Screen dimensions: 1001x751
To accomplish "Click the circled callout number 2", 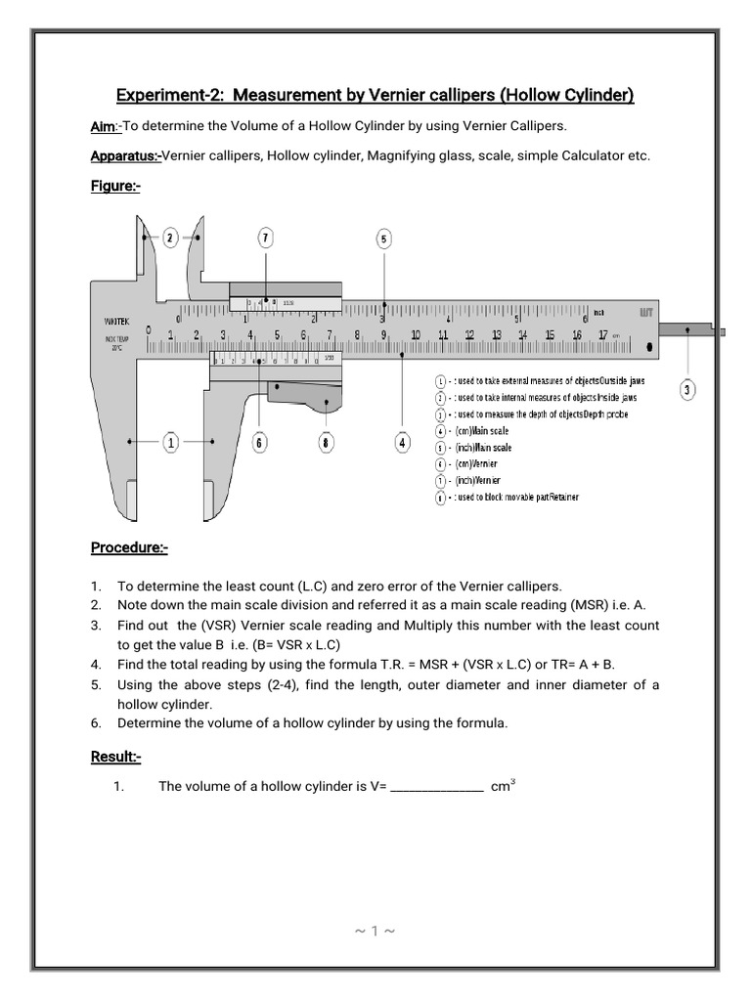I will [170, 237].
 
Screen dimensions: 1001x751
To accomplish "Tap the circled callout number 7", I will [265, 237].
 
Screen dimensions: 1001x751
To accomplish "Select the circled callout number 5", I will [384, 238].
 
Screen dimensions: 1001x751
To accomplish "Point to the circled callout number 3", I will [687, 390].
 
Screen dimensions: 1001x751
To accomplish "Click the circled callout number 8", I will [326, 443].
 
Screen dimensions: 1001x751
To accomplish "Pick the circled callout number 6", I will [259, 443].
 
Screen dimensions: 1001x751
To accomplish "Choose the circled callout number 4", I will [403, 443].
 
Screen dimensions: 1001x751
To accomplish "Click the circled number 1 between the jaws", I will [171, 443].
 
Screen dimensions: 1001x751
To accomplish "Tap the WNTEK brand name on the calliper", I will [117, 320].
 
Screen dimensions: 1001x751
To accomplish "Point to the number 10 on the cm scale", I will [415, 335].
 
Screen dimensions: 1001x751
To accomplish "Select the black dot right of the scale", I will [650, 347].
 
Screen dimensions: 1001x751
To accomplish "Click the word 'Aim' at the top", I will [103, 127].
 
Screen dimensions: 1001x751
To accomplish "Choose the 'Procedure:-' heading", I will [129, 547].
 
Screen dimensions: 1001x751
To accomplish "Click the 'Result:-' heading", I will [116, 757].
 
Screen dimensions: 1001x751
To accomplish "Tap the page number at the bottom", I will [375, 931].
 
